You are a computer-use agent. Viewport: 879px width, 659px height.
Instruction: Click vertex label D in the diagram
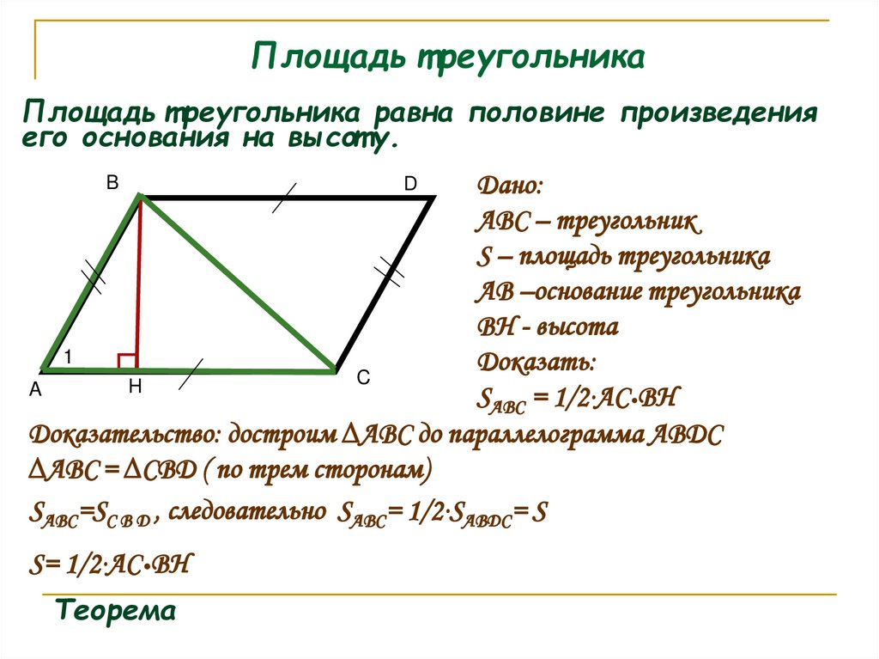[410, 184]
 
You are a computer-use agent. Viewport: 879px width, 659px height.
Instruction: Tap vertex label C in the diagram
[363, 377]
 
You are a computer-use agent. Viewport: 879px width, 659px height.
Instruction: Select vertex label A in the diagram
[35, 390]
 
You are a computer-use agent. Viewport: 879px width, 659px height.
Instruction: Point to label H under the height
[135, 387]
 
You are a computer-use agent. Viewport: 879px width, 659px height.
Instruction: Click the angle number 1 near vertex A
[67, 356]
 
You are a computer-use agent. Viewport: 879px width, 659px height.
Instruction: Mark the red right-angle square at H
[126, 361]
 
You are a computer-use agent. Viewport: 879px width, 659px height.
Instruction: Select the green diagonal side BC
[236, 284]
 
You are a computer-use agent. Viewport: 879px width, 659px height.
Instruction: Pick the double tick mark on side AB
[93, 277]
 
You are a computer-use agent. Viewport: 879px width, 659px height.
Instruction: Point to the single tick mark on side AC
[191, 371]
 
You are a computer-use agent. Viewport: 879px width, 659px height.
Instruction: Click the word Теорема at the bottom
[116, 612]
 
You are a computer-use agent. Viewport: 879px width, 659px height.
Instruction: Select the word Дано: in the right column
[509, 186]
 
